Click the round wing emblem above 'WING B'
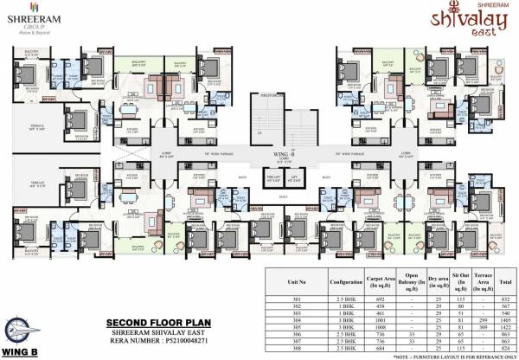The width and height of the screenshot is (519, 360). [23, 331]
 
